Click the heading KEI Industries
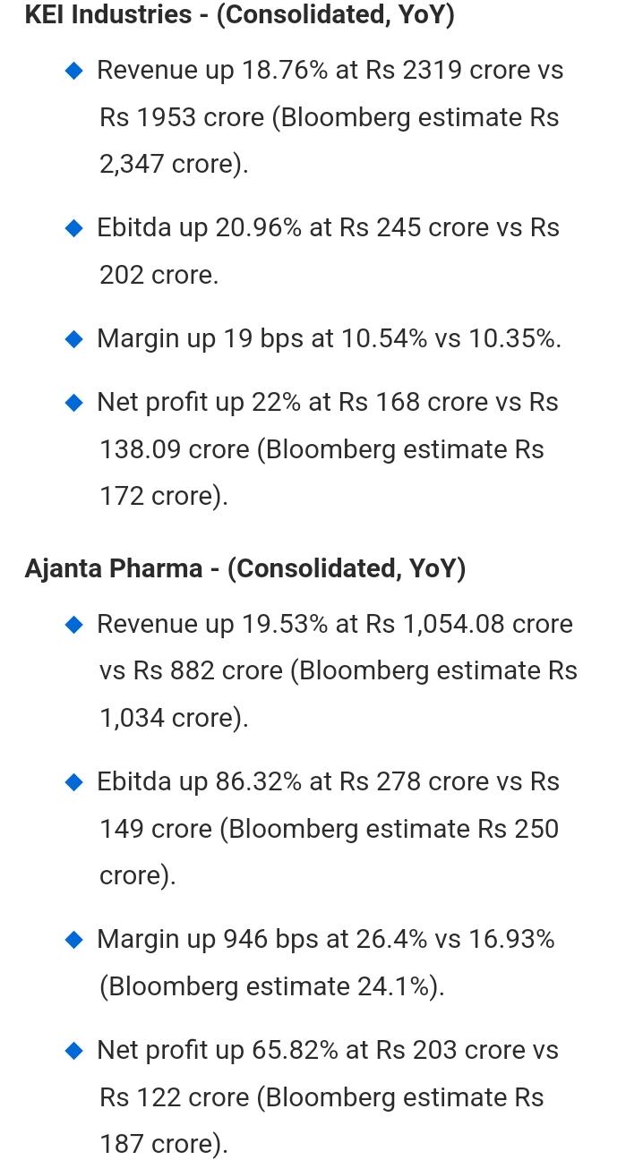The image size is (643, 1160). (108, 14)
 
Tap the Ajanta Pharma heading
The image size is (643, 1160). (113, 568)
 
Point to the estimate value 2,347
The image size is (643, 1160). (132, 164)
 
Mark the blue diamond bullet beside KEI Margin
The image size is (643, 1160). (74, 338)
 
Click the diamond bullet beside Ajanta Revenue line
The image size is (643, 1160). (74, 624)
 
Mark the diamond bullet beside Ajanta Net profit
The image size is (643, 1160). (74, 1050)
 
